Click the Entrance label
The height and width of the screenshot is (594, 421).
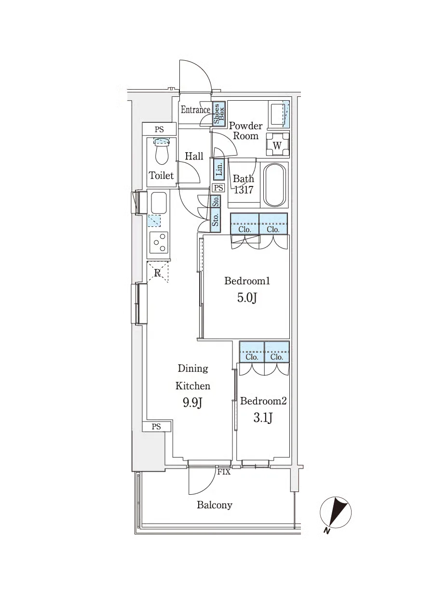(x=195, y=109)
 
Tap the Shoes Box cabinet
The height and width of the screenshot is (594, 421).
(x=219, y=114)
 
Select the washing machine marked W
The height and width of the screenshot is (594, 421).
(x=277, y=145)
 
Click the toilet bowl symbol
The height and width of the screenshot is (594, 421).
(x=162, y=151)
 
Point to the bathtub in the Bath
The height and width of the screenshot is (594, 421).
(x=275, y=185)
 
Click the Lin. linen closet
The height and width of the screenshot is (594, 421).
(x=219, y=169)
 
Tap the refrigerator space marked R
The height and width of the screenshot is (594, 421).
(x=157, y=272)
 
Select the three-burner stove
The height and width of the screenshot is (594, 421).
(x=159, y=242)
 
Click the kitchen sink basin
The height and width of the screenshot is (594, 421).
(x=159, y=201)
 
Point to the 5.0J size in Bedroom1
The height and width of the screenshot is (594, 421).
(x=247, y=298)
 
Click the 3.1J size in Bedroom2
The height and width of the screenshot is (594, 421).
(x=263, y=419)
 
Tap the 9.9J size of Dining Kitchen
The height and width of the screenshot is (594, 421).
(x=193, y=403)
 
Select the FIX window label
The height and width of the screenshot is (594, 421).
(x=224, y=472)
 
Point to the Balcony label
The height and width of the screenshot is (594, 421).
(x=215, y=505)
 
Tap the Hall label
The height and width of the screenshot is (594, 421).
(x=194, y=156)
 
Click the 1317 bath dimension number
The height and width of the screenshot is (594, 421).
(x=244, y=190)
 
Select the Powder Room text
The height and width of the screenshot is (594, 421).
(x=246, y=131)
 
